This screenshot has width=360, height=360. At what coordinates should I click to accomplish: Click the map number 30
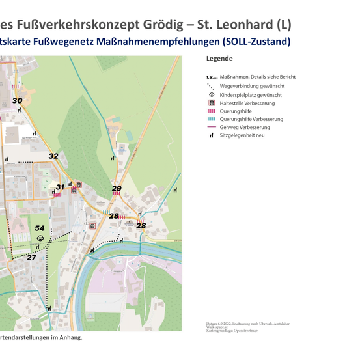tap(17, 100)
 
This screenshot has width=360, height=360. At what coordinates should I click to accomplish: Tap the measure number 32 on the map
tap(53, 156)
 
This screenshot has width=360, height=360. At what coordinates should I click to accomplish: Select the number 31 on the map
tap(60, 187)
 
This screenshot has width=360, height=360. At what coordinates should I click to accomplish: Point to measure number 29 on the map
tap(117, 189)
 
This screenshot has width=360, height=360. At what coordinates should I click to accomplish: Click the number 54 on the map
tap(40, 228)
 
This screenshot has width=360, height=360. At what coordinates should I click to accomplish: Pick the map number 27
tap(31, 258)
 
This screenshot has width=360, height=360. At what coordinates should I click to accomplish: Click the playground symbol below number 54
tap(40, 238)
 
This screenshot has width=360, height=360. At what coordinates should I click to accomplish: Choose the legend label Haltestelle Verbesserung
tap(247, 103)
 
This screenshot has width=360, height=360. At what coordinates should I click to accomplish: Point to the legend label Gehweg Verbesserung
tap(245, 128)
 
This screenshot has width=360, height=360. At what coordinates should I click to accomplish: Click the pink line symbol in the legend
tap(211, 128)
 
